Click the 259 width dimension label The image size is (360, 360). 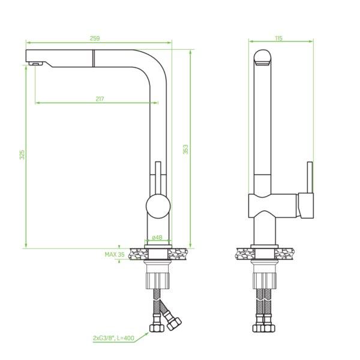tap(95, 38)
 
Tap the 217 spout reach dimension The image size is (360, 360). tap(100, 99)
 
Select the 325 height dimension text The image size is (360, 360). tap(22, 155)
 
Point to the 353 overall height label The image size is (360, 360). tap(185, 149)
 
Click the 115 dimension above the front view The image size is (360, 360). tap(278, 38)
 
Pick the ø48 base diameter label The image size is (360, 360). tap(157, 237)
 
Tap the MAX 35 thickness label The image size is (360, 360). tap(115, 254)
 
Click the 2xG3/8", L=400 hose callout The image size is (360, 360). tap(113, 338)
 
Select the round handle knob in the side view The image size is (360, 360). tap(158, 206)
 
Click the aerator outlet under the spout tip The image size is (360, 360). tap(35, 64)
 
